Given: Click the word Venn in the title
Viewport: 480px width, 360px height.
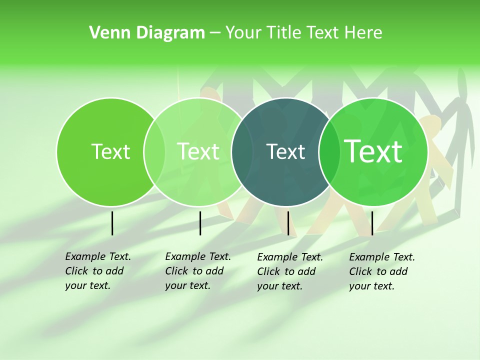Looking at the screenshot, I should coord(106,33).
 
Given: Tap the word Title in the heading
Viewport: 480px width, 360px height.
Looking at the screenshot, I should coord(283,33).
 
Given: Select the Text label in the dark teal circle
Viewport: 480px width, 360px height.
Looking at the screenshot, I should coord(285,152).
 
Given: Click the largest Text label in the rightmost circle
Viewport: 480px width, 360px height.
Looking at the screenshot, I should coord(373,151).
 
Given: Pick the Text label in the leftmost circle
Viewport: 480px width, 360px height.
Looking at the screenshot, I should coord(111,152).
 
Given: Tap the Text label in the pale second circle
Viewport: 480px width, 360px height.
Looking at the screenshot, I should coord(198,151).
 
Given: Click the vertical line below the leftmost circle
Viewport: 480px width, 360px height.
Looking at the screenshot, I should coord(112,223).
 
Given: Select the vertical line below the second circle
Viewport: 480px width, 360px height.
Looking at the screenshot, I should coord(200,223).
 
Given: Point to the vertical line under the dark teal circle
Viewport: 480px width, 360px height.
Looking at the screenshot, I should coord(288,223).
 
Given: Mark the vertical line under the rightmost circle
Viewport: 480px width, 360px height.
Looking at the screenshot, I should coord(372,223).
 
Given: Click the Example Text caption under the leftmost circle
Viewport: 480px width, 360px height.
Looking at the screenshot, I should coord(97,271).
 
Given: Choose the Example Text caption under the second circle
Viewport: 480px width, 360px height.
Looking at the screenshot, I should coord(197,271).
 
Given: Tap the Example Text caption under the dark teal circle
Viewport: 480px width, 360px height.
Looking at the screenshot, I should coord(289,271).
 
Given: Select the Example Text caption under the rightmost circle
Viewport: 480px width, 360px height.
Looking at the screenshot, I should coord(381,271).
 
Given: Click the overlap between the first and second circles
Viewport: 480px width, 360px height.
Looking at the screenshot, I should coord(154,152).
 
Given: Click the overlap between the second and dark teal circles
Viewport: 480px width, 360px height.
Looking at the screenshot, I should coord(242,152).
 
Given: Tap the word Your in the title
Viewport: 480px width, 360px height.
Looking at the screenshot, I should coord(243,33).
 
